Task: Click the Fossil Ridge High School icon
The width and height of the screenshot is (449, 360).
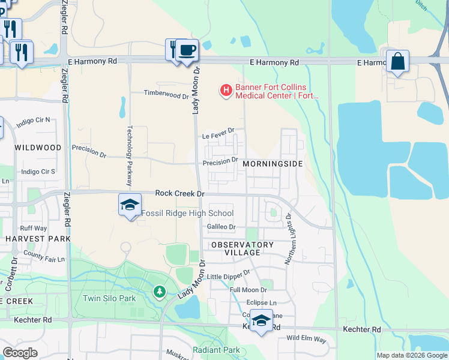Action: [130, 206]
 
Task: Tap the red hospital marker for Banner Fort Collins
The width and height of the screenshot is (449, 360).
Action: [226, 91]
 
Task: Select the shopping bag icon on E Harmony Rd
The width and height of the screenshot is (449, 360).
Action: [397, 62]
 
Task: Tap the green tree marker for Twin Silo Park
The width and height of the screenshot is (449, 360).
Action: [159, 292]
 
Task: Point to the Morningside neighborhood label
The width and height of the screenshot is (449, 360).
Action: [271, 163]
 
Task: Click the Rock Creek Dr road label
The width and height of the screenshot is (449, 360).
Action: [180, 193]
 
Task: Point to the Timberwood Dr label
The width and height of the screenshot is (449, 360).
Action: [166, 94]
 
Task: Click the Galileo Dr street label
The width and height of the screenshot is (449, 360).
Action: [221, 227]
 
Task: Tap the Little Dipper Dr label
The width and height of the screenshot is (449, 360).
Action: [228, 275]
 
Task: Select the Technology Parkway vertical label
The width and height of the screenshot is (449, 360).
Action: [128, 151]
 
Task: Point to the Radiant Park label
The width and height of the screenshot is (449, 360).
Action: [216, 350]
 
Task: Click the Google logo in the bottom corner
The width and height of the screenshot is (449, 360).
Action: [20, 352]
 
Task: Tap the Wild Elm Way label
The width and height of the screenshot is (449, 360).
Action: [306, 339]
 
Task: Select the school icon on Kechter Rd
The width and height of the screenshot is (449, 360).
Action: [261, 321]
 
